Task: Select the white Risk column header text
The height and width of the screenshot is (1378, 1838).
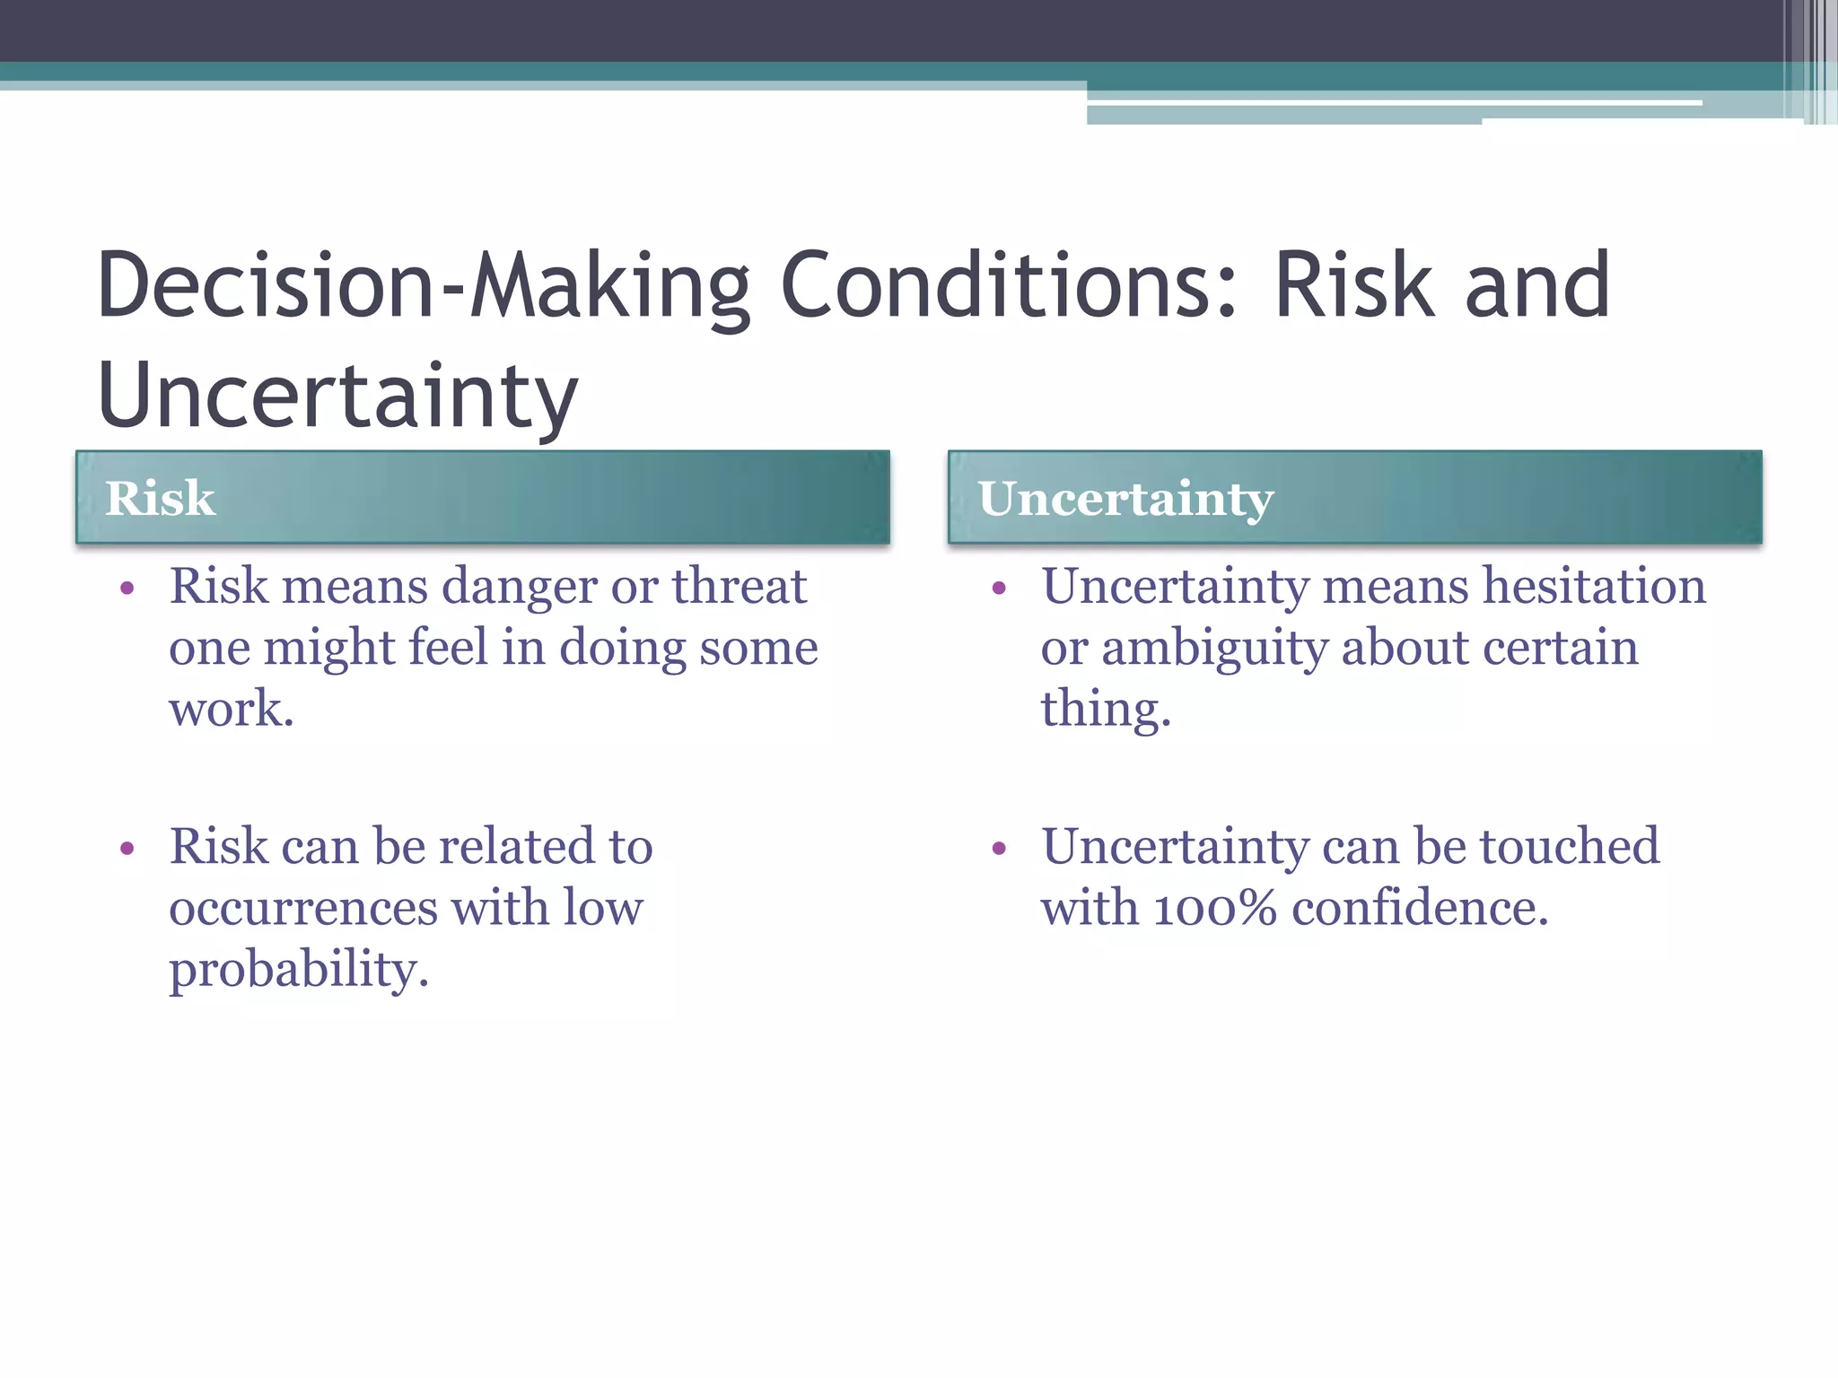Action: pos(160,498)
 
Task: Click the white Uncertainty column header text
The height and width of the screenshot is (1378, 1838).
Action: pos(1125,500)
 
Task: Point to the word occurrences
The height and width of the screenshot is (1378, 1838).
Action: pos(302,908)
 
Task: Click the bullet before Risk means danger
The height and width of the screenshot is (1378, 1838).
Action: pos(127,589)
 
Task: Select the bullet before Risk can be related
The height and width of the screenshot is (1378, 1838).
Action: pos(127,849)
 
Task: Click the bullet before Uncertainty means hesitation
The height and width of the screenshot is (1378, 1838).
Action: pos(1000,589)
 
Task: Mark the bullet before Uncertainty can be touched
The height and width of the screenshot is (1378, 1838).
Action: pos(1000,849)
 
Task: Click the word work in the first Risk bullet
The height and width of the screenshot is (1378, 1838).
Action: pos(231,709)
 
